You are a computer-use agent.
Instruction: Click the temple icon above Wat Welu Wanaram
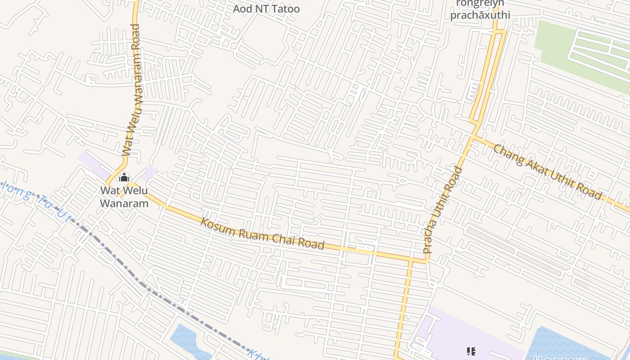pyautogui.click(x=124, y=178)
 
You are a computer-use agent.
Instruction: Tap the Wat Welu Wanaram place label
pyautogui.click(x=124, y=197)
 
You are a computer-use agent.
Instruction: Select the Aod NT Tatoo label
pyautogui.click(x=266, y=9)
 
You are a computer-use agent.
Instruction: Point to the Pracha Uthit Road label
pyautogui.click(x=443, y=210)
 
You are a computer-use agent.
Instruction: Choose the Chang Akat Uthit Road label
pyautogui.click(x=547, y=172)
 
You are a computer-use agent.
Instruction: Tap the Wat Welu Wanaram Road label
pyautogui.click(x=132, y=90)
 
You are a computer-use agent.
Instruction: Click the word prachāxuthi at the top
pyautogui.click(x=480, y=15)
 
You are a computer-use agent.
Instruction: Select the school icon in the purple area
pyautogui.click(x=471, y=351)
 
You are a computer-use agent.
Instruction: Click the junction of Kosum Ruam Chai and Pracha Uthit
pyautogui.click(x=411, y=260)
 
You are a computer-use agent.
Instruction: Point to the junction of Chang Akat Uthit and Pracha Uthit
pyautogui.click(x=473, y=136)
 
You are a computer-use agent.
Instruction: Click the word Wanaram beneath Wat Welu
pyautogui.click(x=124, y=203)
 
